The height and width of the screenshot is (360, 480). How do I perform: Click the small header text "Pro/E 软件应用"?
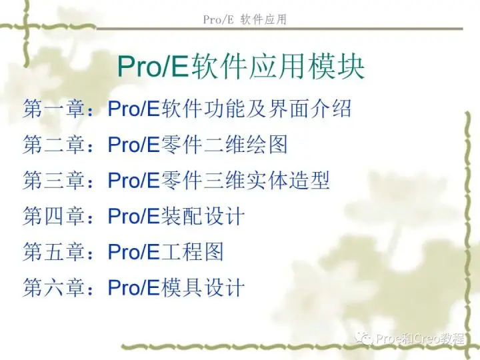pyautogui.click(x=245, y=19)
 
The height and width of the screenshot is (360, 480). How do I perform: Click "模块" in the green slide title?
pyautogui.click(x=336, y=66)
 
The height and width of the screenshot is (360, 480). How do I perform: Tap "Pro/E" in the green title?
pyautogui.click(x=153, y=67)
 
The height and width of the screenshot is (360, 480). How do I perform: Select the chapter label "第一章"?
pyautogui.click(x=53, y=109)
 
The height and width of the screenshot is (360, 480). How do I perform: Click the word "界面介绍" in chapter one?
pyautogui.click(x=309, y=109)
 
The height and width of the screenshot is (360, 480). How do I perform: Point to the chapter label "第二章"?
pyautogui.click(x=53, y=144)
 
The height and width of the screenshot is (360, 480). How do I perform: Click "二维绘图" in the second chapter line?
pyautogui.click(x=245, y=144)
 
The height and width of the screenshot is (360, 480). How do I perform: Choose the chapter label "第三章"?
pyautogui.click(x=53, y=180)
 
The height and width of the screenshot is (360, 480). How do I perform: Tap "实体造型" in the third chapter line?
pyautogui.click(x=288, y=180)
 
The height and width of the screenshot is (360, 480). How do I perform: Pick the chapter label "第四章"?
pyautogui.click(x=53, y=216)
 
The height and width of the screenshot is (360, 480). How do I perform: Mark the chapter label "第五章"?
pyautogui.click(x=53, y=251)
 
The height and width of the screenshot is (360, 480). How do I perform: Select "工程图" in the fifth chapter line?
pyautogui.click(x=192, y=251)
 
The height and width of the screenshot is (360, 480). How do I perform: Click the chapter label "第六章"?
pyautogui.click(x=53, y=287)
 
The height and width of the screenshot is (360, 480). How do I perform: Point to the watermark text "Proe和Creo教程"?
pyautogui.click(x=420, y=339)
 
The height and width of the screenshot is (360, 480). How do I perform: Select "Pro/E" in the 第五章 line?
pyautogui.click(x=134, y=252)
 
